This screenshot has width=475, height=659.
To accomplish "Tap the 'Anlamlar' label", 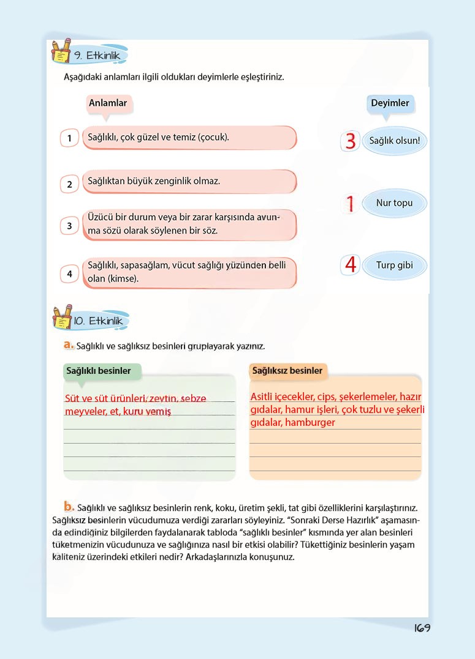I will point(108,103).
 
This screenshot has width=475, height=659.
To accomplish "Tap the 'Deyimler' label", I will point(390,103).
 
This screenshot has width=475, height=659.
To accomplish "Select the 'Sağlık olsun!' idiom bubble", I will point(395,141).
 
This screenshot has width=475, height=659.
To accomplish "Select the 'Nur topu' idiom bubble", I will point(394,203).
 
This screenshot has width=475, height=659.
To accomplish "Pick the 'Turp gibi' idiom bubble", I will point(395,266).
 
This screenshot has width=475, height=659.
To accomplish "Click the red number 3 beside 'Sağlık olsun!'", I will point(350,141).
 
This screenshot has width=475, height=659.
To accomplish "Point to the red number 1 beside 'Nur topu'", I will point(350,204).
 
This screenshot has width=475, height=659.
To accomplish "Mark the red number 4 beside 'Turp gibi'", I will point(351,265).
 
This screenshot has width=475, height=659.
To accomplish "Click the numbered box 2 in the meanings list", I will point(70,184).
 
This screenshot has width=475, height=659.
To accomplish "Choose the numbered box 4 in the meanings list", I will point(70,274).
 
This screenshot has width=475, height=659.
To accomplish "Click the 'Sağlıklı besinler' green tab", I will point(99,371).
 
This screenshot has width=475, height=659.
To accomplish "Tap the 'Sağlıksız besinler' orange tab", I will point(287,371).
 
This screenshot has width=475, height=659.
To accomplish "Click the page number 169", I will point(422,628).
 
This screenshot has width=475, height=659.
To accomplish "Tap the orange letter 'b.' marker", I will point(69,507).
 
